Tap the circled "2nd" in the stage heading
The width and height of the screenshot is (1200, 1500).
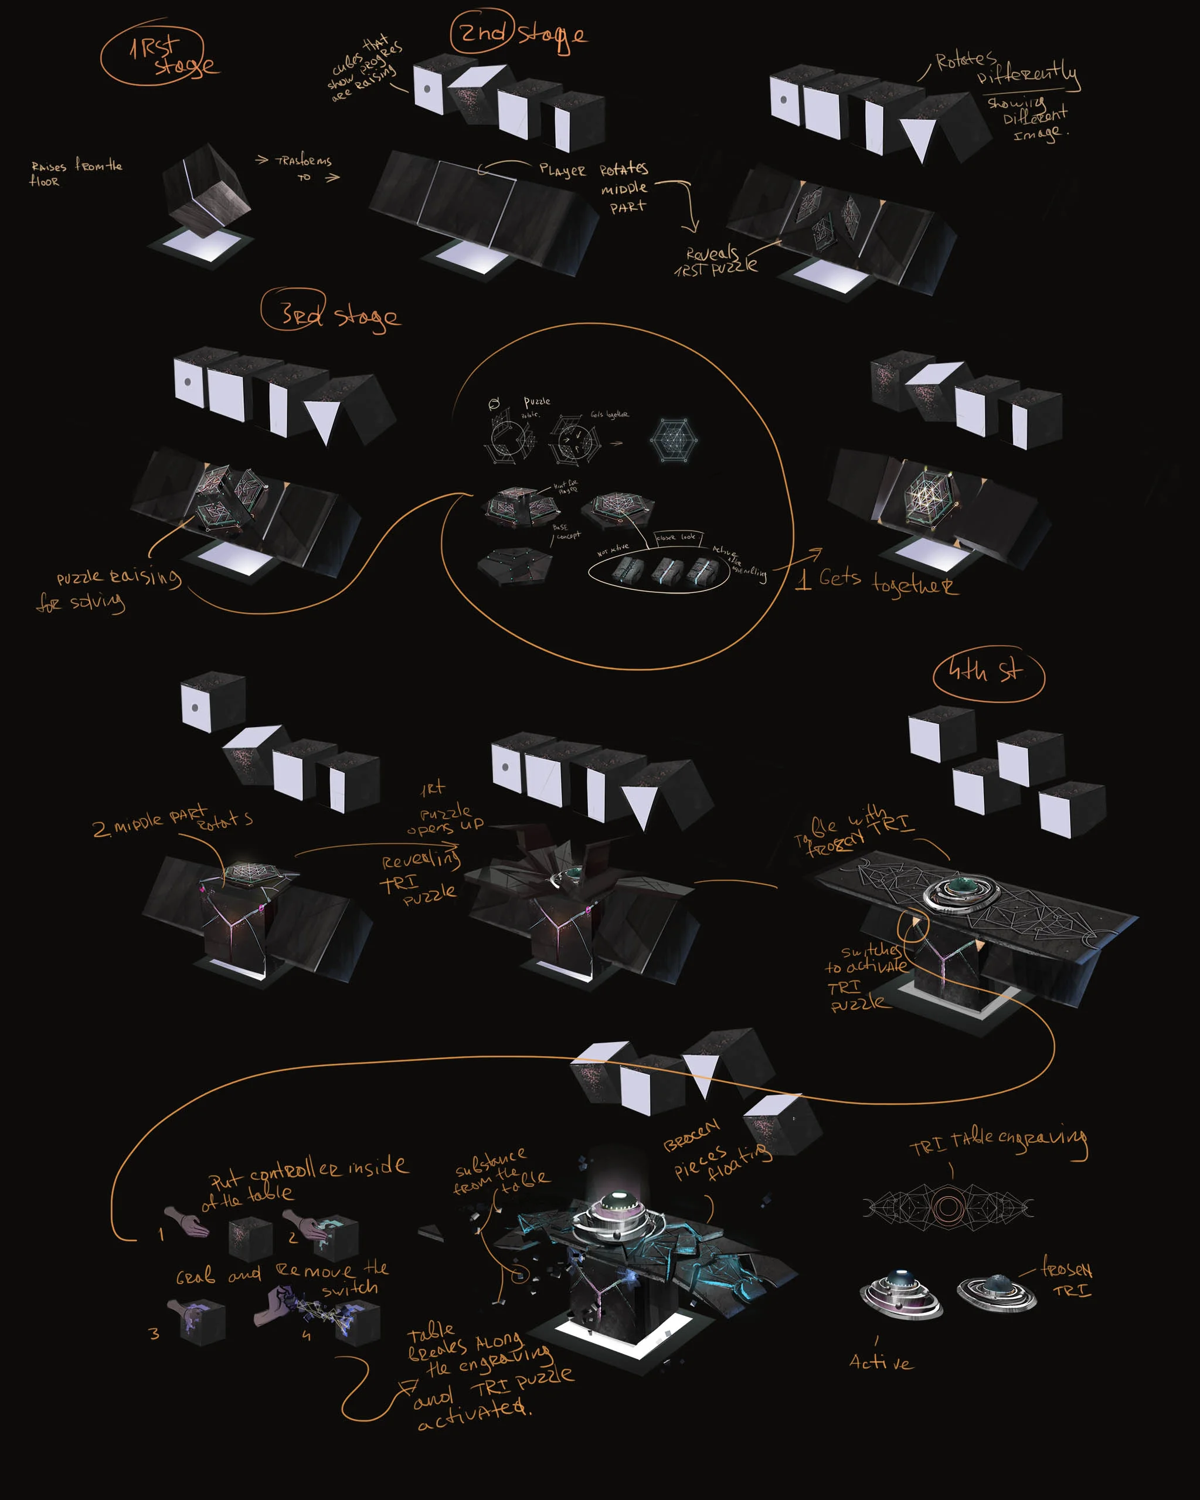pos(483,32)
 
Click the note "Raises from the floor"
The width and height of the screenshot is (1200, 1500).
pos(74,173)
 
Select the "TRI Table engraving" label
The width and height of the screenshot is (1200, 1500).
pos(998,1139)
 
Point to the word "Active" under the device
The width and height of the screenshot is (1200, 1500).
pos(881,1362)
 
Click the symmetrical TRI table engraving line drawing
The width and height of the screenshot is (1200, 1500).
pos(947,1208)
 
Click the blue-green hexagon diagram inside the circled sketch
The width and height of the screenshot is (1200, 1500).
pos(673,440)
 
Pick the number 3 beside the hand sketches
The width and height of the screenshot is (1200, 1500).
pos(154,1333)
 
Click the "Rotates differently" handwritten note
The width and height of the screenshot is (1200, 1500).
pos(1005,70)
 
